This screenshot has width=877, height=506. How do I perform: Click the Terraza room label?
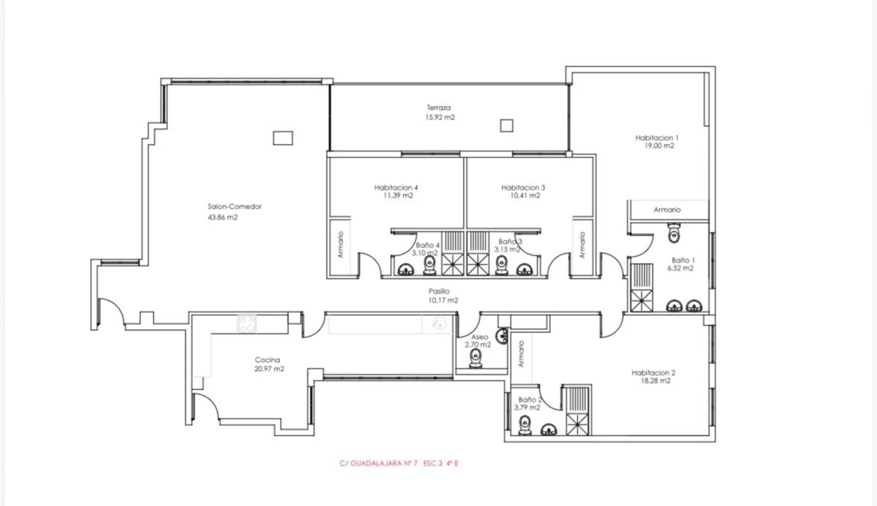point(438,107)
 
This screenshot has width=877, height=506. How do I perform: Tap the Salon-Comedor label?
point(234,206)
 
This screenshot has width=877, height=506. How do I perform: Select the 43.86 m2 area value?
point(223,218)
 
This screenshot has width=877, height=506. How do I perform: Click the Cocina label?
point(267,360)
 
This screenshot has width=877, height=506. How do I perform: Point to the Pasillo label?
point(439,291)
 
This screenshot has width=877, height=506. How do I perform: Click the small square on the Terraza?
point(507,126)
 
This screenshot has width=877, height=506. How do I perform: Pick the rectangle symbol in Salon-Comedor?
point(282,138)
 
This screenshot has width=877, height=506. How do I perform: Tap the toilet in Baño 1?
point(674,233)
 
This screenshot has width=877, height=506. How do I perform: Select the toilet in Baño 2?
point(524,425)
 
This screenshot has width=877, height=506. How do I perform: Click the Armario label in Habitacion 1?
point(667,209)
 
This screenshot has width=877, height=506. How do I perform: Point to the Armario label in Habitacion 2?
point(521,354)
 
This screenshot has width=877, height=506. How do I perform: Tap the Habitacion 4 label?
point(396,188)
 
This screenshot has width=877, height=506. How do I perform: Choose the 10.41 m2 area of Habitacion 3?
point(525,195)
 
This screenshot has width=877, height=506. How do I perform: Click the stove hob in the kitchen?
point(247,324)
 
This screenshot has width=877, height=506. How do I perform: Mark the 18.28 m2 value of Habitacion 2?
point(655,381)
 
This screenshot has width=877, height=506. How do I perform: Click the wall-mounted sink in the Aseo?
point(502,336)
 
